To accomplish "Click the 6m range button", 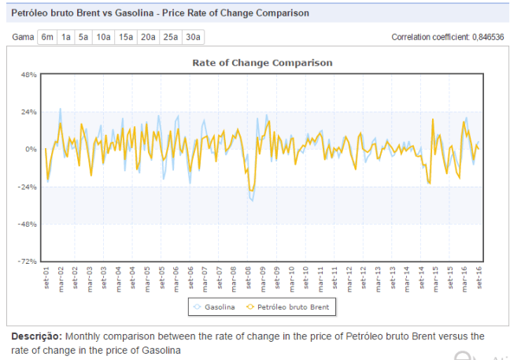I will tap(47, 37).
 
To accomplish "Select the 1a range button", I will tap(66, 37).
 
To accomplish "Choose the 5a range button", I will tap(83, 37).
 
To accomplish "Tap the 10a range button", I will tap(103, 37).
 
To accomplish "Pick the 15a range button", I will tap(126, 37).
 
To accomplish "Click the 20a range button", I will tap(148, 37).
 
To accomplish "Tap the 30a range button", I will tap(193, 37).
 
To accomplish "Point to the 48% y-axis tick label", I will tap(28, 75).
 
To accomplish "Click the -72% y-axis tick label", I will tap(28, 261).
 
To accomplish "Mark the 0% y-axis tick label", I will tap(30, 149).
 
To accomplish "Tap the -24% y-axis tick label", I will tap(28, 187).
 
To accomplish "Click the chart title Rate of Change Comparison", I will tap(263, 62).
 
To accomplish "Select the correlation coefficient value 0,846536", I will tap(486, 37).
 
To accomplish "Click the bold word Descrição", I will tap(36, 336).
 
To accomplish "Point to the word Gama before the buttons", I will tap(23, 37).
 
